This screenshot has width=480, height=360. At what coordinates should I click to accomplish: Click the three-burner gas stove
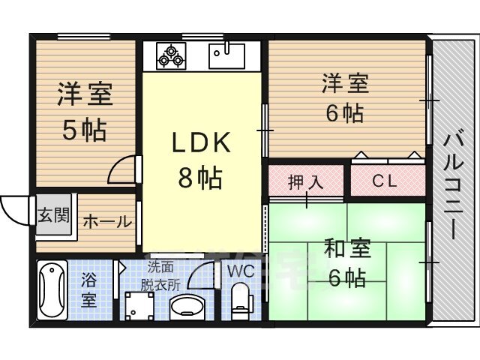click(x=171, y=56)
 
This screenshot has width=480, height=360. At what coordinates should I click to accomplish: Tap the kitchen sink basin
click(x=226, y=56)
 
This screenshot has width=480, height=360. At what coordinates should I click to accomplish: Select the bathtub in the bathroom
click(x=52, y=290)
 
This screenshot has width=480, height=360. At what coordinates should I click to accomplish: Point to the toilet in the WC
click(x=241, y=297)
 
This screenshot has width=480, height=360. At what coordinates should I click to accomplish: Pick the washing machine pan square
click(x=139, y=306)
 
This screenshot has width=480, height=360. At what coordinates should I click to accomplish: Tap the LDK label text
click(x=201, y=142)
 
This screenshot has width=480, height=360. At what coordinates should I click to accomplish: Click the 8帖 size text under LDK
click(x=200, y=177)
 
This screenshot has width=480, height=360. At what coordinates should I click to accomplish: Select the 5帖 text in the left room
click(x=85, y=130)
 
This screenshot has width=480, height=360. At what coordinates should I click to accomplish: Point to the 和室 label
click(x=346, y=248)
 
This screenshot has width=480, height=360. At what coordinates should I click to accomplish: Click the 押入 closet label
click(x=305, y=181)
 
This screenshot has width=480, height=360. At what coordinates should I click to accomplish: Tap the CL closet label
click(x=385, y=181)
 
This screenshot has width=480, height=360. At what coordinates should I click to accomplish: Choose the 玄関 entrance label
click(x=53, y=215)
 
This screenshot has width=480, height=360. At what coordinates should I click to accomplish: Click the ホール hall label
click(x=107, y=222)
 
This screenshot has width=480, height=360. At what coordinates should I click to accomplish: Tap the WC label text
click(x=241, y=271)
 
